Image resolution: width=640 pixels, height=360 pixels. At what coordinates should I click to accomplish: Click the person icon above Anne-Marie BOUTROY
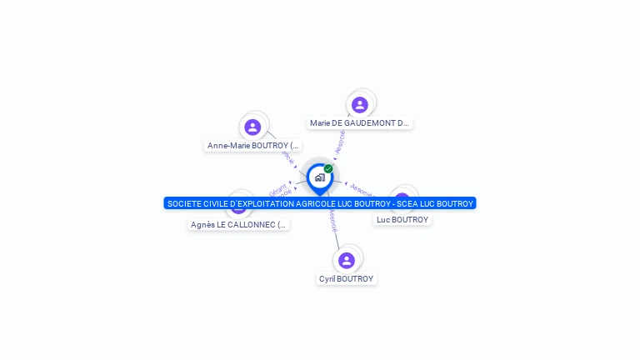(x=252, y=127)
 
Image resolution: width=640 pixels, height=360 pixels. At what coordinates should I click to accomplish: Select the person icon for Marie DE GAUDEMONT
(x=360, y=104)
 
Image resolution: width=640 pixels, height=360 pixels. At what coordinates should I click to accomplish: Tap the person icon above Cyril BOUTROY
(x=347, y=260)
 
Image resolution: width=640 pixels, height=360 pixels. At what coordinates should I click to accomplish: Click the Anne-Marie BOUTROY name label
(x=252, y=146)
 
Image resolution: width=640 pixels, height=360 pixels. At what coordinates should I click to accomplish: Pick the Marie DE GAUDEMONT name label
(x=359, y=123)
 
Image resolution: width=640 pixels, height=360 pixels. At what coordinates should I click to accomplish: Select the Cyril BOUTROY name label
(x=347, y=279)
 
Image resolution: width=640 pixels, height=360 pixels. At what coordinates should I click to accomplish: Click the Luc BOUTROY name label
(x=402, y=220)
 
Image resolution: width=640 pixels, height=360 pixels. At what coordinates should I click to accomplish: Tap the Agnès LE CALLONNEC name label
(x=238, y=225)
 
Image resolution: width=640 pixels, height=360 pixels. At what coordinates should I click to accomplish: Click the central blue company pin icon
(x=319, y=177)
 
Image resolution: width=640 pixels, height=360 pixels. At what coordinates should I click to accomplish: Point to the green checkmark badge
(x=328, y=169)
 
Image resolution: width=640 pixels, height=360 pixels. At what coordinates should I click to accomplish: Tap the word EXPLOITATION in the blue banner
(x=264, y=203)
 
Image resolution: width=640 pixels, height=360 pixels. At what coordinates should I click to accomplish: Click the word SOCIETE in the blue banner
(x=186, y=203)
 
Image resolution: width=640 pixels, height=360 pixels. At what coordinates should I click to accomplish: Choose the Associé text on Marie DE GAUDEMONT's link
(x=340, y=142)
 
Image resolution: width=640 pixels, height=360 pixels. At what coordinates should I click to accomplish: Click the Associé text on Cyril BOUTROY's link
(x=332, y=219)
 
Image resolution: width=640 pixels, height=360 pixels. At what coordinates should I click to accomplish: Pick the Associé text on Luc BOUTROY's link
(x=361, y=190)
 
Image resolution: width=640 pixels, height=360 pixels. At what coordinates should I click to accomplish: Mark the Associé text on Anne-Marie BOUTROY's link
(x=287, y=156)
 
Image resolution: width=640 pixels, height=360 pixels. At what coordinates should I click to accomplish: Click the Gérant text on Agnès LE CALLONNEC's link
(x=277, y=187)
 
